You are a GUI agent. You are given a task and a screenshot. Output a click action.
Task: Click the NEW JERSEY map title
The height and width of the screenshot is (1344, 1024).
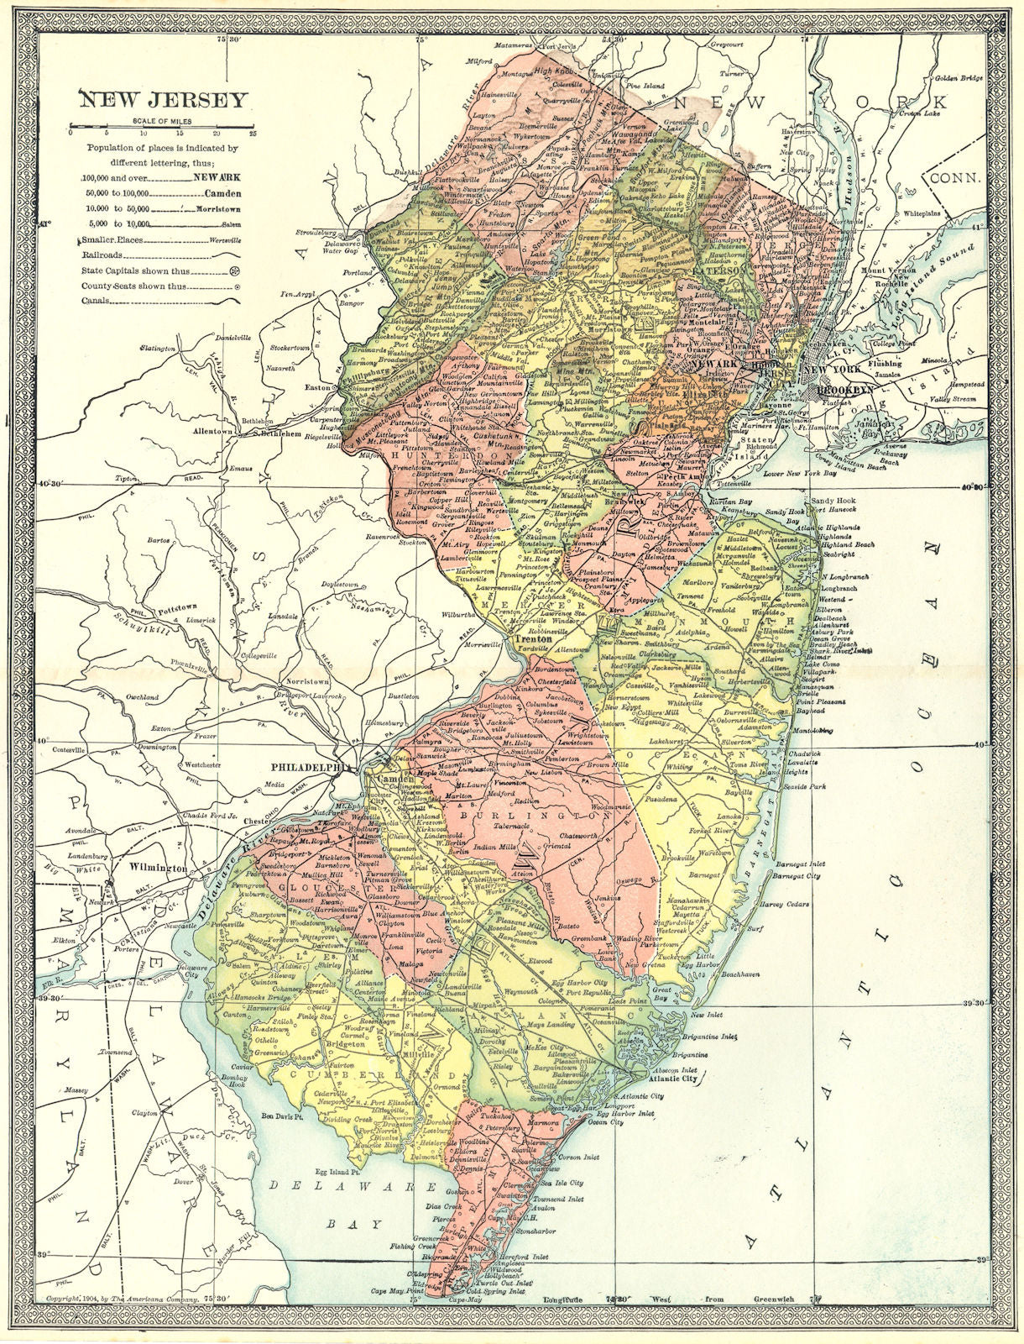coord(164,101)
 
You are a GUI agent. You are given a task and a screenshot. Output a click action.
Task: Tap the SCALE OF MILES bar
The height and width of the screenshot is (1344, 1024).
coord(162,131)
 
